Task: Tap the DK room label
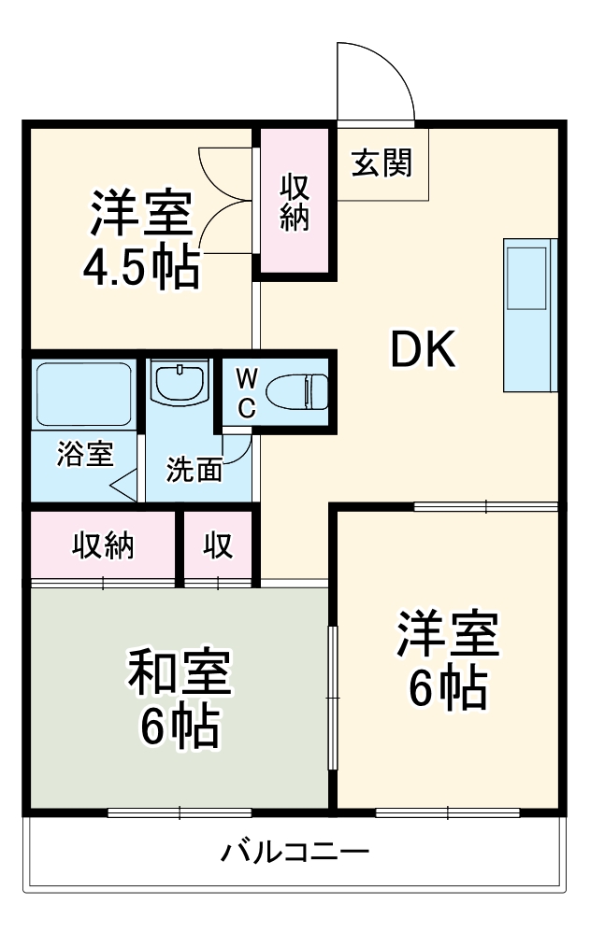tap(423, 351)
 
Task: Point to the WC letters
tap(246, 392)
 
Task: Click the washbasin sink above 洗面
tap(180, 383)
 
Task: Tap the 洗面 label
tap(194, 470)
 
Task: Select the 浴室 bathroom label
tap(84, 455)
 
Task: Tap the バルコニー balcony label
tap(295, 852)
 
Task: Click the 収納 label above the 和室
tap(103, 545)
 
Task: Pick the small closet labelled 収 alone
tap(219, 545)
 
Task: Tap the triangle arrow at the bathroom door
tap(123, 486)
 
